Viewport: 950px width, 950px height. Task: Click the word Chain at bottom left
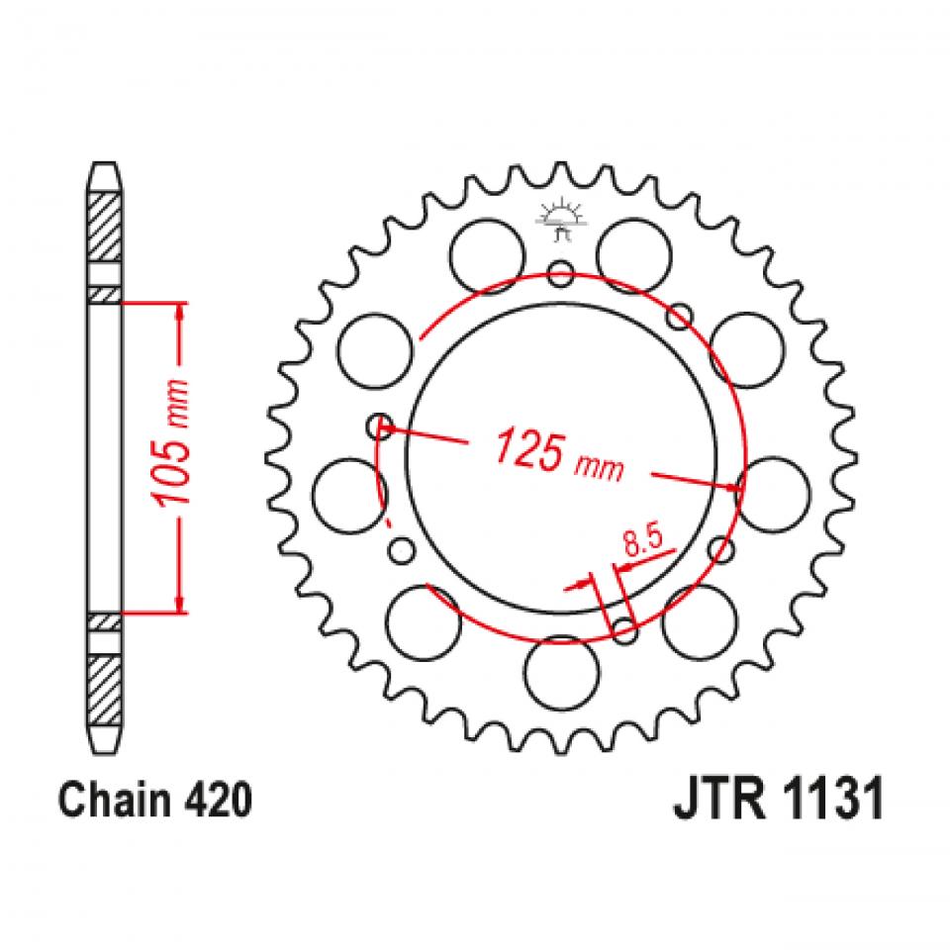pos(106,801)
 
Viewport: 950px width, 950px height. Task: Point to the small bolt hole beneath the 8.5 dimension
pos(623,628)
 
